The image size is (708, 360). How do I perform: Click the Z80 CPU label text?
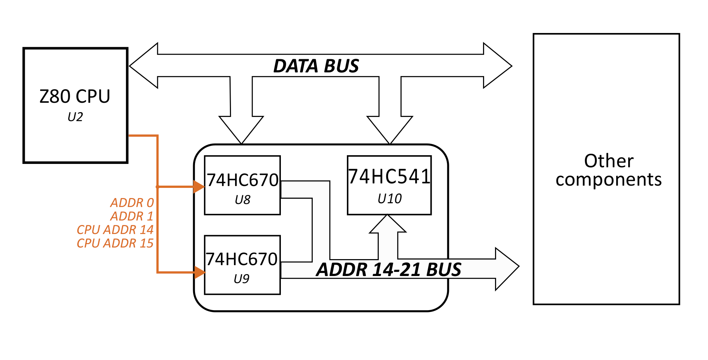[x=75, y=96]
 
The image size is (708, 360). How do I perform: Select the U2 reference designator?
[x=75, y=117]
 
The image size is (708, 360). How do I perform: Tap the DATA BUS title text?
[x=316, y=66]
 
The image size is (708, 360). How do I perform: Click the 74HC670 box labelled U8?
[x=242, y=185]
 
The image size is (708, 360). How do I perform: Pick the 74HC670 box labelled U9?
[x=242, y=265]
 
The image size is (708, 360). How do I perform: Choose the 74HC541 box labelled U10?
[x=389, y=185]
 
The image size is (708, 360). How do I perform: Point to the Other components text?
[x=608, y=170]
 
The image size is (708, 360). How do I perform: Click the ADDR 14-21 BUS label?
[x=388, y=270]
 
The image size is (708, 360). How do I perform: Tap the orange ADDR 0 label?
[x=132, y=202]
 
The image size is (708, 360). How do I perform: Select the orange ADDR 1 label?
[x=132, y=216]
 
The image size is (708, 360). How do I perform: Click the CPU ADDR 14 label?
[x=115, y=229]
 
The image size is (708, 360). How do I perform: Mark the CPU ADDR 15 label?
[x=115, y=243]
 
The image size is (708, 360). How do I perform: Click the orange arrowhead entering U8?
[x=199, y=186]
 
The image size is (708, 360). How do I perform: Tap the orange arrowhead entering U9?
[x=199, y=272]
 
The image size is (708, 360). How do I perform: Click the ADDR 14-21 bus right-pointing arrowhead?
[x=506, y=268]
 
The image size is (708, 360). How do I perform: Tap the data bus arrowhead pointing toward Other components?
[x=497, y=66]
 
